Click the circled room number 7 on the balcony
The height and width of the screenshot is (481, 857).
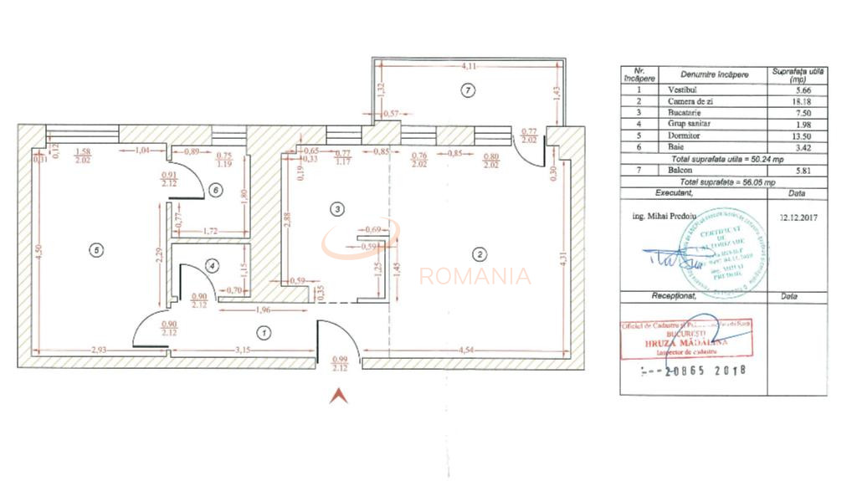pos(468,89)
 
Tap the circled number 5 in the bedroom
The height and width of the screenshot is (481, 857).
pos(98,249)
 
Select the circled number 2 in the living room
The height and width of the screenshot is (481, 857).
pos(480,254)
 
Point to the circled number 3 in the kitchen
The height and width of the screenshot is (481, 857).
pos(336,208)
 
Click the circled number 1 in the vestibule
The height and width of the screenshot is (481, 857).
pos(264,333)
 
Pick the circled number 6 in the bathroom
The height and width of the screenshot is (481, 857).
pos(216,191)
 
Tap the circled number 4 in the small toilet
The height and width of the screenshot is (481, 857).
pos(213,266)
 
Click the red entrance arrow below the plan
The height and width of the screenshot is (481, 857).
pos(338,396)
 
